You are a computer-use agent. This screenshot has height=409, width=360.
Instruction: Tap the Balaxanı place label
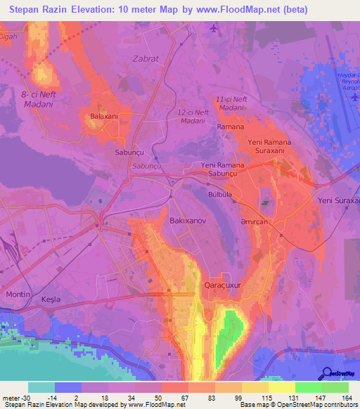103,117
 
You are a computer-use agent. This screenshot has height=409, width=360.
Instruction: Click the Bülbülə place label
221,190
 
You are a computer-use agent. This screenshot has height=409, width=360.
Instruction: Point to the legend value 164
347,398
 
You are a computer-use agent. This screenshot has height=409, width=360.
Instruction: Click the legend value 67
174,398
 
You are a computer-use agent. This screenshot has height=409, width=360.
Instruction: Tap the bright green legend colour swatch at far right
335,387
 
